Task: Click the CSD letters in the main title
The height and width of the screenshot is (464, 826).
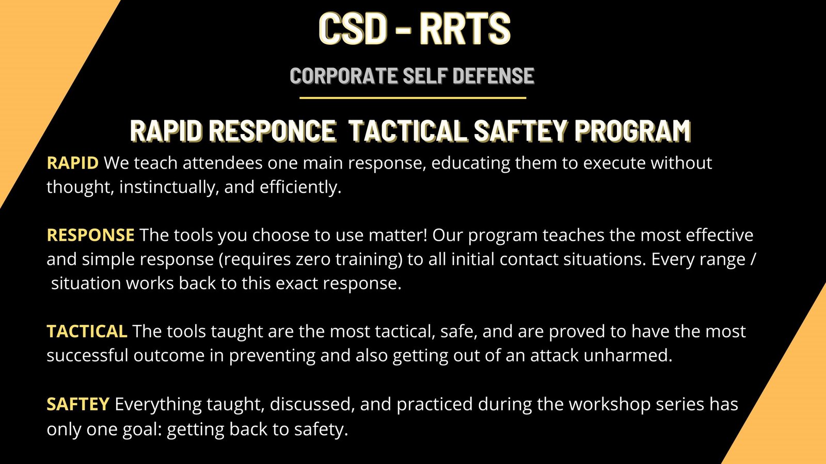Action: click(x=352, y=28)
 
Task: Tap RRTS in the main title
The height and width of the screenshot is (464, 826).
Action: click(x=465, y=28)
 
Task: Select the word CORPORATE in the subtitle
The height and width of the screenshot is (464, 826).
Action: click(x=343, y=76)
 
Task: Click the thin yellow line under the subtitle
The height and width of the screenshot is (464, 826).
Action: click(x=412, y=97)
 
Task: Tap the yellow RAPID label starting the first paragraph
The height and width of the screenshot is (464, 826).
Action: click(x=72, y=163)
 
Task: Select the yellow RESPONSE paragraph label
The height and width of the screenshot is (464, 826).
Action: click(x=90, y=235)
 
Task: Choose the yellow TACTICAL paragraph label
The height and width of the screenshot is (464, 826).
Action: click(x=87, y=331)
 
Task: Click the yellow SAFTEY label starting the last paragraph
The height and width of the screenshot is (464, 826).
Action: click(x=77, y=404)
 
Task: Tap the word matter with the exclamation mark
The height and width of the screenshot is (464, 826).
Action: click(x=398, y=235)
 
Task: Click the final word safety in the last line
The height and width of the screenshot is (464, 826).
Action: click(x=321, y=429)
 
